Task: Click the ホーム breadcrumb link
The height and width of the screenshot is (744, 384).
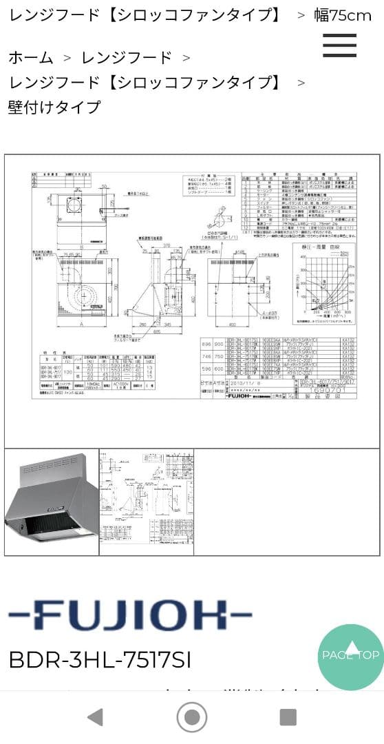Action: (30, 57)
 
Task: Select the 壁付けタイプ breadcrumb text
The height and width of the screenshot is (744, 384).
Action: (54, 107)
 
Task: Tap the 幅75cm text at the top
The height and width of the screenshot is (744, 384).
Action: (343, 15)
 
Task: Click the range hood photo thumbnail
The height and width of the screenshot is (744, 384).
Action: (52, 501)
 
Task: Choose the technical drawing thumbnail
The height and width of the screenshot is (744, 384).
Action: (146, 501)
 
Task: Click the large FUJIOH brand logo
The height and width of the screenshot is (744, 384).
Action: (129, 615)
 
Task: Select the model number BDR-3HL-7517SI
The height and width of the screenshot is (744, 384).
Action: (100, 659)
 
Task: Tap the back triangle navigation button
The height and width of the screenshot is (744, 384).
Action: (96, 717)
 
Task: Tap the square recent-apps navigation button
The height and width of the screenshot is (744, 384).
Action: (288, 717)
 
